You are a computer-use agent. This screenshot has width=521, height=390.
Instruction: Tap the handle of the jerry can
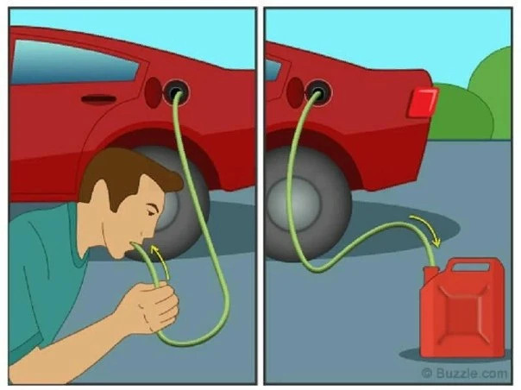point(471,265)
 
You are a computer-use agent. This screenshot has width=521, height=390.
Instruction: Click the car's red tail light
point(423,103)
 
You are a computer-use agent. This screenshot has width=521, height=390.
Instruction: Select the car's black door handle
point(98,99)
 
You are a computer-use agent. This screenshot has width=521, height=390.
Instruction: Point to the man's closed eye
point(151,211)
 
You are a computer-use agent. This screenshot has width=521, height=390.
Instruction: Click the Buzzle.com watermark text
point(465,373)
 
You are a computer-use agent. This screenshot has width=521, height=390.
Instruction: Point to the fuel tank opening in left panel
point(176,91)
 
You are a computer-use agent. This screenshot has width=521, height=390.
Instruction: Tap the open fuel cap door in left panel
point(154,92)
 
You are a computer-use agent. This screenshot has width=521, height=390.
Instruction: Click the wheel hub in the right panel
point(293,204)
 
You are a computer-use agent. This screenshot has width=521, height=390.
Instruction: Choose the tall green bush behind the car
point(492,93)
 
